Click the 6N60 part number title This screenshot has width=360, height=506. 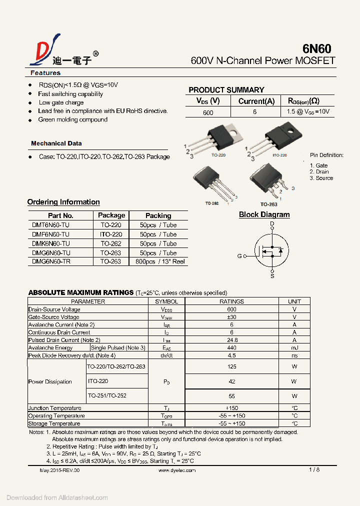click(x=316, y=48)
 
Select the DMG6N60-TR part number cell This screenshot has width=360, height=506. click(x=51, y=261)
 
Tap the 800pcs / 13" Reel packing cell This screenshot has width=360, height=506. click(x=158, y=261)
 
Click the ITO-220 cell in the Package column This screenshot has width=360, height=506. click(x=111, y=234)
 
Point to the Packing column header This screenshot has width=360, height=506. click(x=158, y=215)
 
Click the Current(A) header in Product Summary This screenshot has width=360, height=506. click(x=256, y=101)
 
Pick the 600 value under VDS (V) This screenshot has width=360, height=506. click(x=208, y=112)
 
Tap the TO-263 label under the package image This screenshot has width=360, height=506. click(x=268, y=204)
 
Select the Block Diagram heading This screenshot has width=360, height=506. click(x=264, y=214)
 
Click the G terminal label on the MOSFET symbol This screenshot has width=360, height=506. click(x=239, y=256)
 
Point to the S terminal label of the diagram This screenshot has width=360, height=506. click(x=272, y=276)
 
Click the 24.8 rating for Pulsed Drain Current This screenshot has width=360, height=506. click(x=231, y=340)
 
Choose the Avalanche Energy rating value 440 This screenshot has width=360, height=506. click(x=231, y=347)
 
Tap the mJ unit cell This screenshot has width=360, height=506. click(x=294, y=347)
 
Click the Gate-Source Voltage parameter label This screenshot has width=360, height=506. click(x=54, y=317)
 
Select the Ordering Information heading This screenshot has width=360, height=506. click(x=63, y=202)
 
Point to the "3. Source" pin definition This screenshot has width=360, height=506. click(x=321, y=178)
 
